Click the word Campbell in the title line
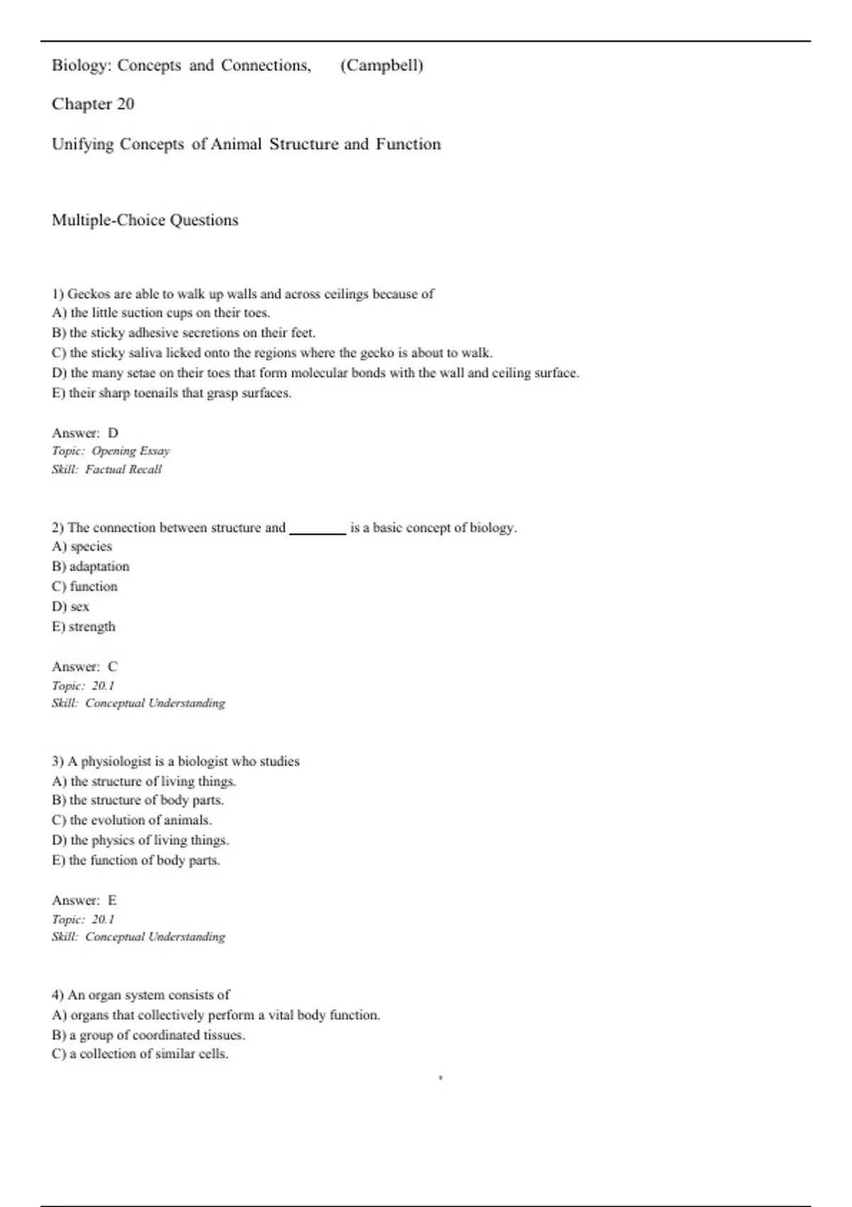(382, 66)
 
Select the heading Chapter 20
(93, 104)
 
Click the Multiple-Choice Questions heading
(145, 220)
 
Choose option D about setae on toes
(315, 373)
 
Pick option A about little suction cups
(160, 313)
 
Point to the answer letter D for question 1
(113, 433)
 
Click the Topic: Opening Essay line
(111, 451)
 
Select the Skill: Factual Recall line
(106, 469)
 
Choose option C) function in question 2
(84, 586)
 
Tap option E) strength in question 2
(83, 627)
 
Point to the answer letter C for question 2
(112, 667)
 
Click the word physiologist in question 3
(116, 761)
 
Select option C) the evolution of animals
(131, 820)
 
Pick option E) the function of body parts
(136, 861)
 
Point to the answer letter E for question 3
(112, 900)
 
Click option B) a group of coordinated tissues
(148, 1035)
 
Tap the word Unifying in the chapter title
(82, 145)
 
